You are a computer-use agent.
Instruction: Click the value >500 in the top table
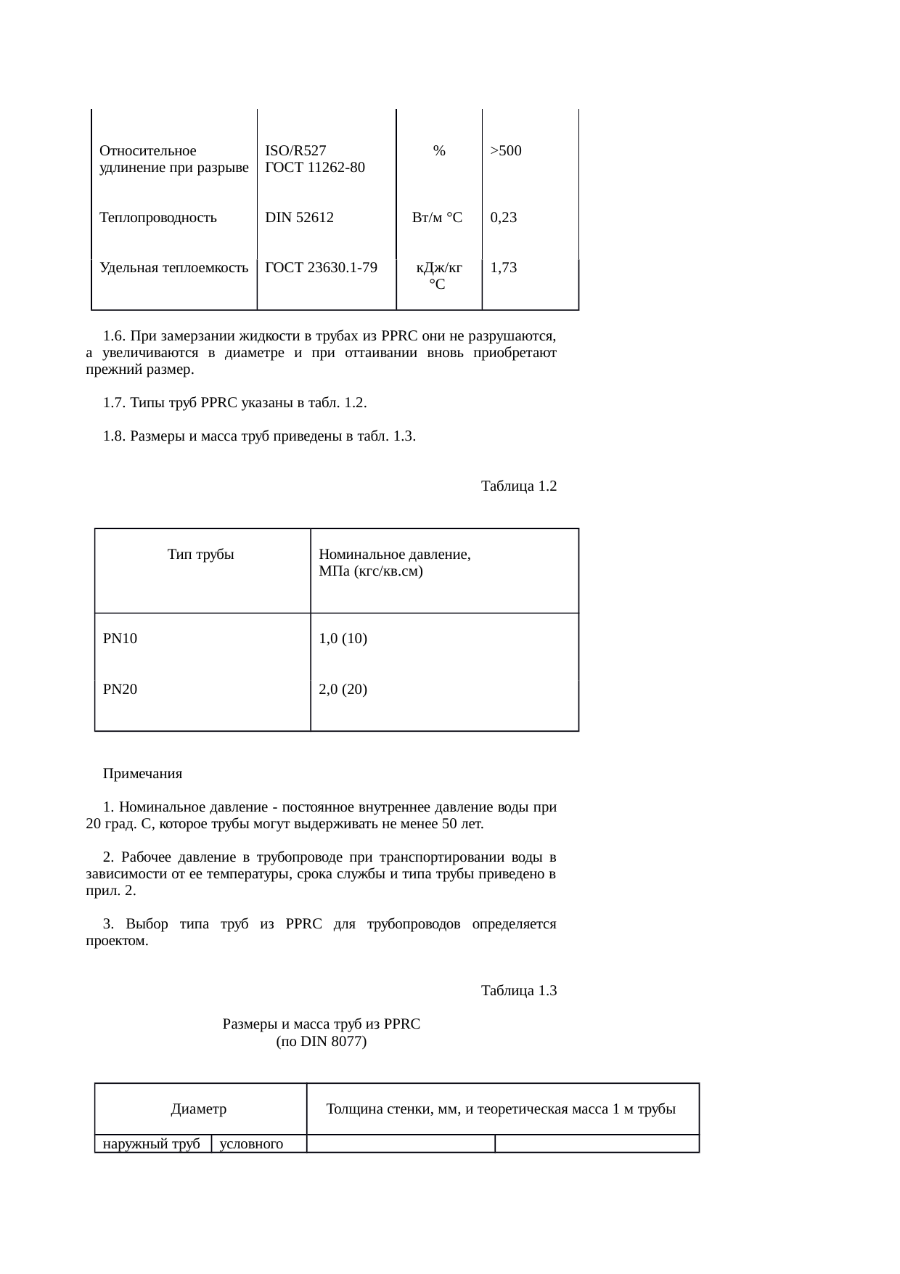pyautogui.click(x=506, y=151)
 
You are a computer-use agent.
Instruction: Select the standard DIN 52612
pyautogui.click(x=299, y=217)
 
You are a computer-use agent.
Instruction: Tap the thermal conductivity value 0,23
pyautogui.click(x=503, y=217)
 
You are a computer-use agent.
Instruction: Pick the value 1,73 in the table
pyautogui.click(x=503, y=267)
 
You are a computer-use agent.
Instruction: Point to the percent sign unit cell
pyautogui.click(x=438, y=151)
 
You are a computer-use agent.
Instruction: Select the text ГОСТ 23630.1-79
pyautogui.click(x=321, y=267)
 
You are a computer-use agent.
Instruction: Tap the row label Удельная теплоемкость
pyautogui.click(x=173, y=267)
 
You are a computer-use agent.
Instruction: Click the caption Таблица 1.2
pyautogui.click(x=518, y=486)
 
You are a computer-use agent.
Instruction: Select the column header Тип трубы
pyautogui.click(x=200, y=555)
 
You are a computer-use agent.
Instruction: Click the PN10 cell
pyautogui.click(x=120, y=639)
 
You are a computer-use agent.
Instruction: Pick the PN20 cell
pyautogui.click(x=120, y=690)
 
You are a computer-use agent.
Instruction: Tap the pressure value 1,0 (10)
pyautogui.click(x=343, y=639)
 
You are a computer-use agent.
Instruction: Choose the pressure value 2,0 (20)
pyautogui.click(x=343, y=690)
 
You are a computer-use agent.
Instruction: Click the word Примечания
pyautogui.click(x=142, y=774)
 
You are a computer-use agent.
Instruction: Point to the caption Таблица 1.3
pyautogui.click(x=518, y=991)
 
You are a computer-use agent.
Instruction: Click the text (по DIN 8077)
pyautogui.click(x=321, y=1042)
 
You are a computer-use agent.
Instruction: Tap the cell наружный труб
pyautogui.click(x=152, y=1145)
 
